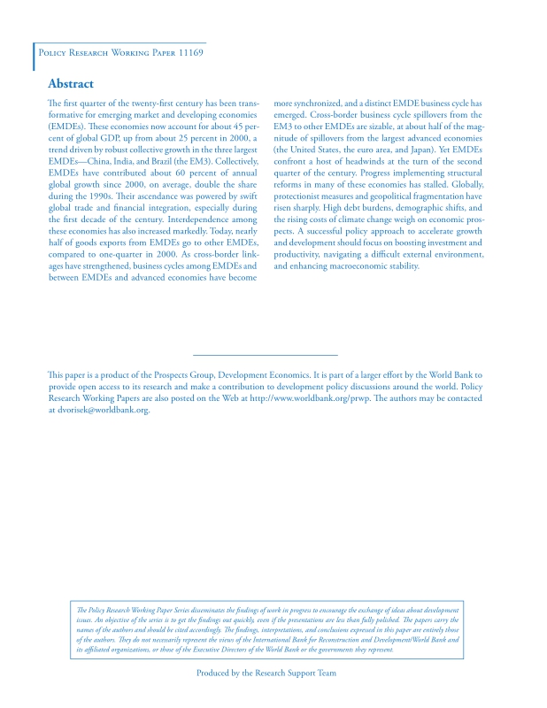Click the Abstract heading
(71, 84)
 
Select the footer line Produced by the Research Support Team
(266, 673)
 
